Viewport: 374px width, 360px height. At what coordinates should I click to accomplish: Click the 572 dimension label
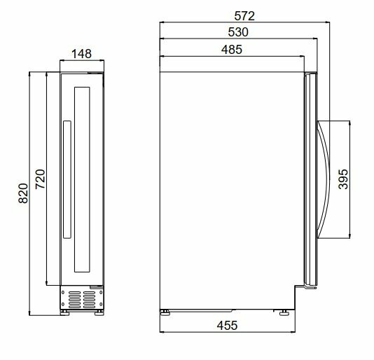point(244,16)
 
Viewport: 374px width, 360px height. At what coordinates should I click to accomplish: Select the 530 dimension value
point(238,32)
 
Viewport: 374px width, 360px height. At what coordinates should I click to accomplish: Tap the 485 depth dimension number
point(232,50)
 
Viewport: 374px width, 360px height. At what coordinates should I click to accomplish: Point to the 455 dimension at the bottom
point(227,326)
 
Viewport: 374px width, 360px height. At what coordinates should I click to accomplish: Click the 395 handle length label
point(343,179)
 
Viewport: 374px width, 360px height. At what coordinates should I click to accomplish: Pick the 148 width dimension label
point(81,54)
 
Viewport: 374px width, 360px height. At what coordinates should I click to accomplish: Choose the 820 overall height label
point(23,193)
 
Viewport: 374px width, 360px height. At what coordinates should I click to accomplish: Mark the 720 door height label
point(40,179)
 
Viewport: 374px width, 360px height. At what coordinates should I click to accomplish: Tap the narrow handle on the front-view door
point(67,179)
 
